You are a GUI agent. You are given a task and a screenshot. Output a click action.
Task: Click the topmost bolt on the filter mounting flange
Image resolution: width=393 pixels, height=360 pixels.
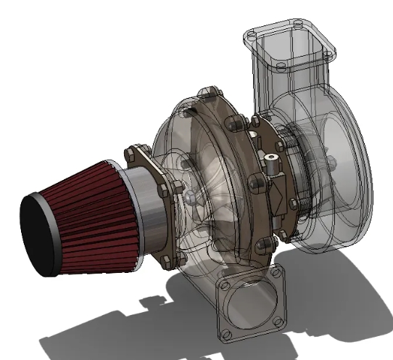(130, 152)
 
